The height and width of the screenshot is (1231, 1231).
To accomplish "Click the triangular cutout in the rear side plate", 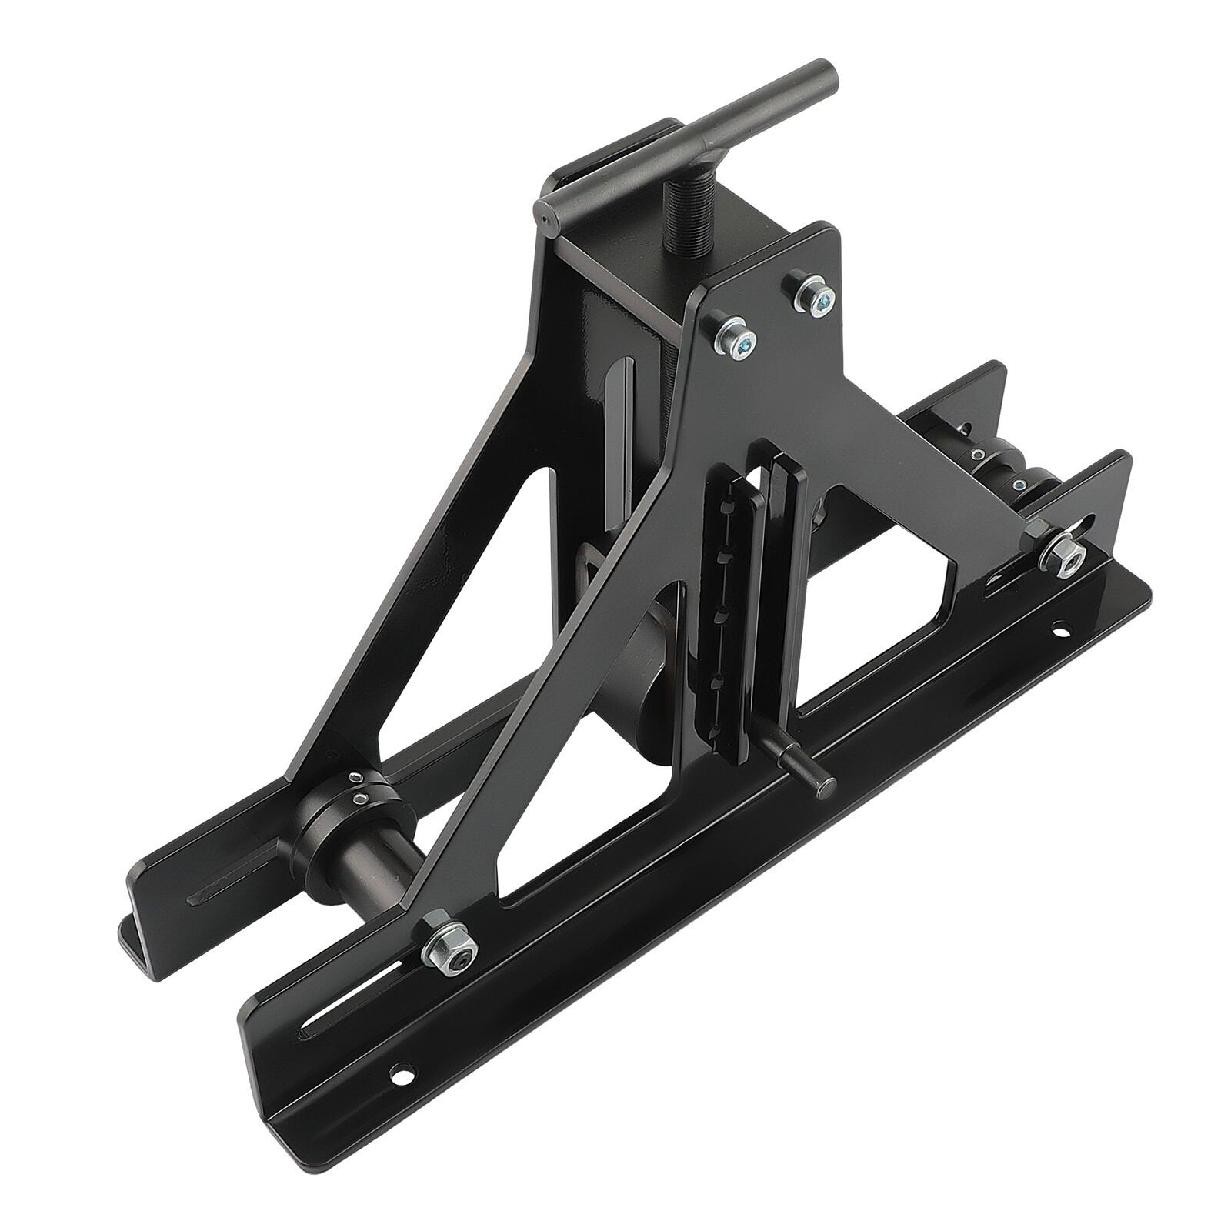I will (462, 615).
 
